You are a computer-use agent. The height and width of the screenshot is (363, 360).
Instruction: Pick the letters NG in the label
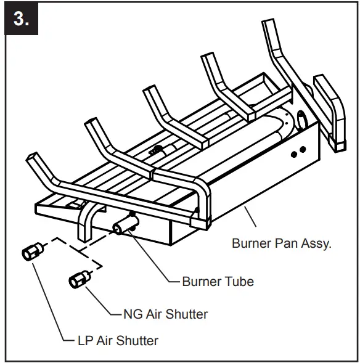(128, 314)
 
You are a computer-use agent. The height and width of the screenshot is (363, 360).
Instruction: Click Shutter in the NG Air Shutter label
(186, 314)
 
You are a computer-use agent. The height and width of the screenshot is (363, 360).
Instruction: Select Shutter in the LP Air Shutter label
(137, 340)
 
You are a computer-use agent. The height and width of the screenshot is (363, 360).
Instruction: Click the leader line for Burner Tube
(154, 259)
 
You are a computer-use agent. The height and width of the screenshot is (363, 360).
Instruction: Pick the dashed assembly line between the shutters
(68, 247)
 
